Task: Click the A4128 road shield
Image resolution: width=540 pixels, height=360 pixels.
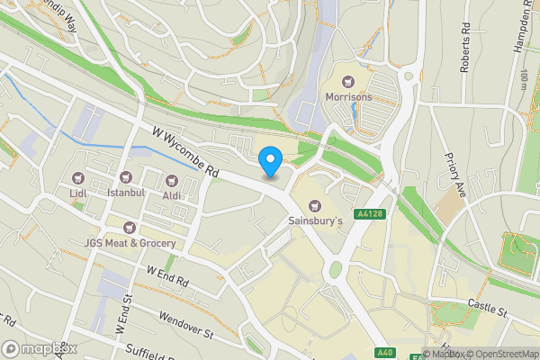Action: pos(368,214)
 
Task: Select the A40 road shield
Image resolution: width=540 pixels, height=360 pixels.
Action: pos(384,352)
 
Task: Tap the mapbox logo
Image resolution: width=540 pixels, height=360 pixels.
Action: pos(39,348)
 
